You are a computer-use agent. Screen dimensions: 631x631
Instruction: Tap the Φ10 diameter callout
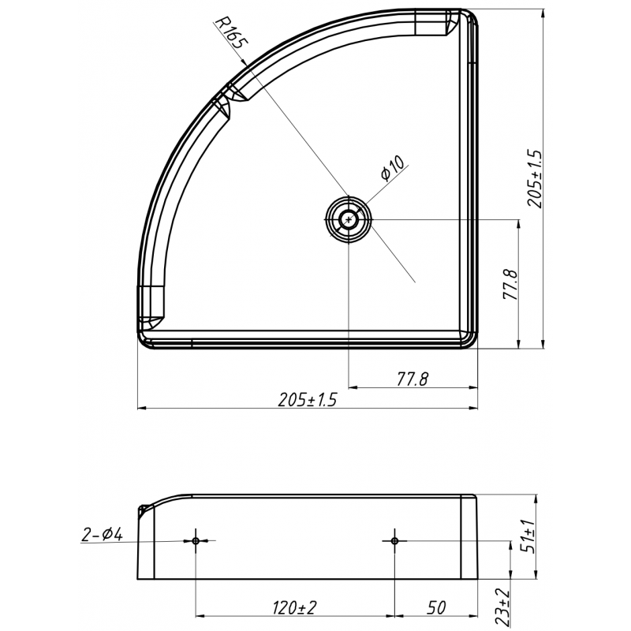tap(392, 170)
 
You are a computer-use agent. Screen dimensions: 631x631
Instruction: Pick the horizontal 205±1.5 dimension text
tap(308, 400)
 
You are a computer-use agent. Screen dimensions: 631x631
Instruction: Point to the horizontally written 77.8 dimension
tap(411, 379)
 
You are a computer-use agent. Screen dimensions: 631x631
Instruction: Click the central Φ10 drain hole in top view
tap(347, 219)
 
